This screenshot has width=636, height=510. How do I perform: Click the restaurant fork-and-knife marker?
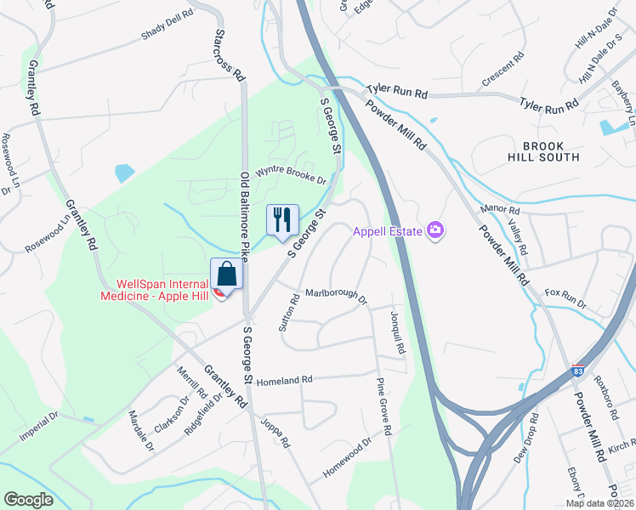(281, 219)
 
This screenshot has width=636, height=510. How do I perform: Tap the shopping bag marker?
(226, 274)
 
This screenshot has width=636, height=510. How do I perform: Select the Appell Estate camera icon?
(436, 230)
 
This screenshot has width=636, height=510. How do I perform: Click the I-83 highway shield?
(577, 371)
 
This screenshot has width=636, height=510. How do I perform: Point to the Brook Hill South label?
(551, 150)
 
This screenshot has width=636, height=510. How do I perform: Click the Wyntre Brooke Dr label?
(291, 175)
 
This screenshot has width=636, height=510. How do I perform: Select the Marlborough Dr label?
(336, 295)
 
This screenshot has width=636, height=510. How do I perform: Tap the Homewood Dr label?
(347, 457)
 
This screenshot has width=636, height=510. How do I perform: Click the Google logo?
(28, 500)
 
